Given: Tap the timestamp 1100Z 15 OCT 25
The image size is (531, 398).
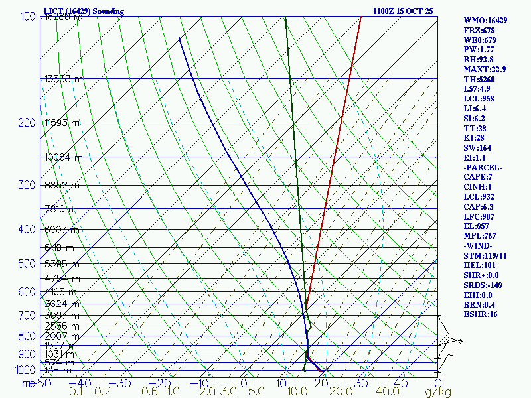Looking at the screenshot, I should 403,11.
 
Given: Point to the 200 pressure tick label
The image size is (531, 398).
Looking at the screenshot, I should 27,123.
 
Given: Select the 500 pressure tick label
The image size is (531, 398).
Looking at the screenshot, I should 27,264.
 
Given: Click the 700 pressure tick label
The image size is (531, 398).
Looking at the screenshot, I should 27,316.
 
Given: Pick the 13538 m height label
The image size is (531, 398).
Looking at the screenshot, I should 64,79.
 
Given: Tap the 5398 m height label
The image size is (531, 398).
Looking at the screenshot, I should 62,264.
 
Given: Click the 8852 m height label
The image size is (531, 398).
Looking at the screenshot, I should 62,186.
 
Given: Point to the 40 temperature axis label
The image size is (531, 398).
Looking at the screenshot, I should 400,383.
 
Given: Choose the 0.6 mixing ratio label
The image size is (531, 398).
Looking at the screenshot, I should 149,391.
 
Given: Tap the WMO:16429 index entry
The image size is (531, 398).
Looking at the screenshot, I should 485,21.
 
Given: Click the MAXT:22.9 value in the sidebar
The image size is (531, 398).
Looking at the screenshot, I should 485,70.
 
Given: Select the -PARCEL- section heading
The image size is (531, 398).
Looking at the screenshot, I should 483,168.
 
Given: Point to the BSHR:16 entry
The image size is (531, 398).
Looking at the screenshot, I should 480,314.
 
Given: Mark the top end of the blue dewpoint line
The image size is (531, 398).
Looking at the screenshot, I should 179,38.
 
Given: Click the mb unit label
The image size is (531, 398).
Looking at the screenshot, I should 27,383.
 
